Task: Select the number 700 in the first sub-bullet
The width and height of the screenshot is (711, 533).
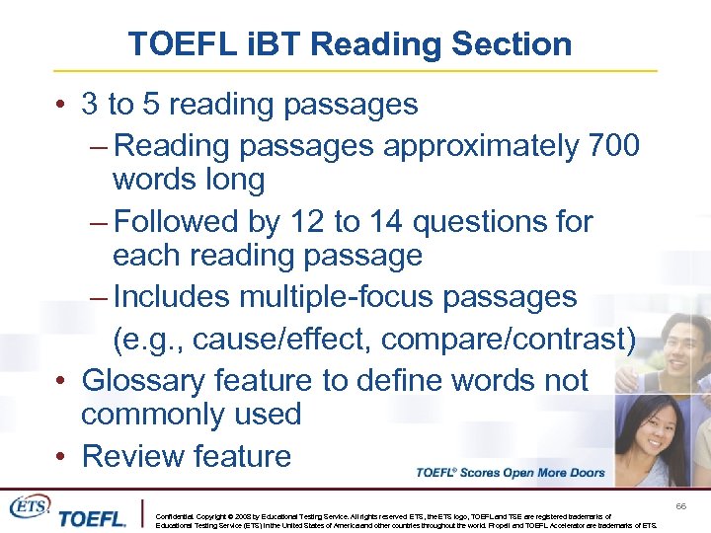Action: [x=612, y=146]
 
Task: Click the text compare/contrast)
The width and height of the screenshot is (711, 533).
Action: [x=509, y=339]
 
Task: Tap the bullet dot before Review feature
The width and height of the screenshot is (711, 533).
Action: [x=61, y=457]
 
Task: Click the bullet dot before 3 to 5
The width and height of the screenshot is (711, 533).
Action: [x=61, y=105]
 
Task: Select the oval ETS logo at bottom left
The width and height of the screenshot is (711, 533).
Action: [x=29, y=506]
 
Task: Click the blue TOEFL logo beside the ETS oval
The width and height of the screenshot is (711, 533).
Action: [x=93, y=517]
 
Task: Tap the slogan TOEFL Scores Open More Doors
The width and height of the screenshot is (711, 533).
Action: [x=511, y=473]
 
